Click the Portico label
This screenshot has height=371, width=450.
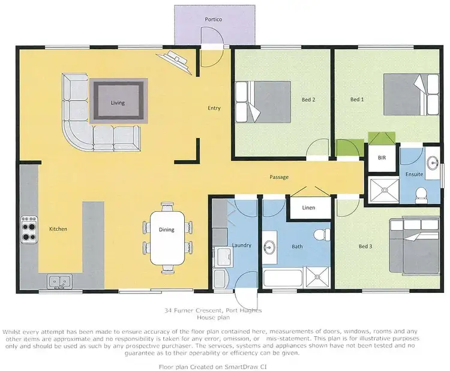(x=213, y=20)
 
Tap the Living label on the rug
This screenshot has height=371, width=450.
(x=118, y=103)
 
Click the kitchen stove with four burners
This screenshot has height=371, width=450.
(x=29, y=229)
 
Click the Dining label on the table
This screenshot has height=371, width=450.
(x=167, y=229)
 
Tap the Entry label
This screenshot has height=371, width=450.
(x=214, y=109)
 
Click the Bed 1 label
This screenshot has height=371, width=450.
(x=357, y=100)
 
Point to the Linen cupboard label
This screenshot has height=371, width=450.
(x=308, y=208)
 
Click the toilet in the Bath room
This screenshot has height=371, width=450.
(x=322, y=232)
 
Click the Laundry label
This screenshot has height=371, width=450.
(x=241, y=246)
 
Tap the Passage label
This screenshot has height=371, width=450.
(x=279, y=177)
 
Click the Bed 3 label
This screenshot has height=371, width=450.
(x=365, y=246)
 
